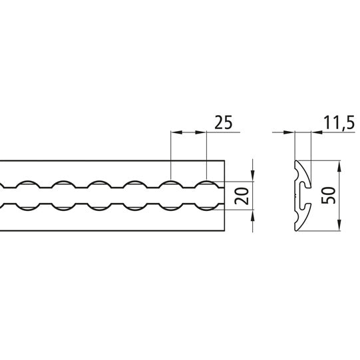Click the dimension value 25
223,122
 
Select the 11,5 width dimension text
338,122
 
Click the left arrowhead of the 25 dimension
175,134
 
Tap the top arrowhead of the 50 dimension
339,164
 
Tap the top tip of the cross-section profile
297,162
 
